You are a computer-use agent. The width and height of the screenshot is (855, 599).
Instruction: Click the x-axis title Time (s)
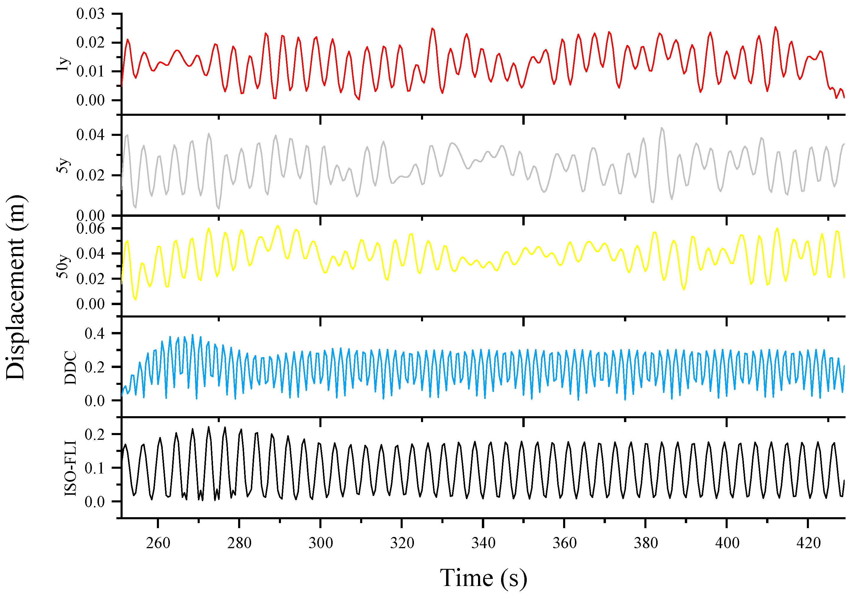point(483,578)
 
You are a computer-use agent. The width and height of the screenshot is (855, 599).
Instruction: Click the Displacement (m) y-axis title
point(16,287)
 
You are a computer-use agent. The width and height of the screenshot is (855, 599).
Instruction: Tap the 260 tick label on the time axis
point(158,543)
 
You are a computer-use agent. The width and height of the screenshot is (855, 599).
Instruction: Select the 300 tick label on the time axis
point(321,543)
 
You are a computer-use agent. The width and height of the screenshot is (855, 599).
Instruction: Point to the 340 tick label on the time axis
point(483,543)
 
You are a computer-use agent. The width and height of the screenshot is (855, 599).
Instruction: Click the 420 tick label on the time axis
point(808,543)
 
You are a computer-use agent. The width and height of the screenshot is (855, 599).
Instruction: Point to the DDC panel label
point(70,368)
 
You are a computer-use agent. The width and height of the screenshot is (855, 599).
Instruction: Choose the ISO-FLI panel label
point(70,468)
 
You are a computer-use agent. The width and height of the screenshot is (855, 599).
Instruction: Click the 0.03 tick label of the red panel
point(90,14)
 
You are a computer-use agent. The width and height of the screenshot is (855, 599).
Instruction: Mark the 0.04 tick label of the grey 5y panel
point(90,135)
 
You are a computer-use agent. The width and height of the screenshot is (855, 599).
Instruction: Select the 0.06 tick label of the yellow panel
point(90,228)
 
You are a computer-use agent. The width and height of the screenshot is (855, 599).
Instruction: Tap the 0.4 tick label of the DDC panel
point(95,333)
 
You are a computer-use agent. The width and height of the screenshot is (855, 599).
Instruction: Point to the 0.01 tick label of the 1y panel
point(90,71)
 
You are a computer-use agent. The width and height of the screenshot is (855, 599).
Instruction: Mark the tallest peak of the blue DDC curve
point(193,335)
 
